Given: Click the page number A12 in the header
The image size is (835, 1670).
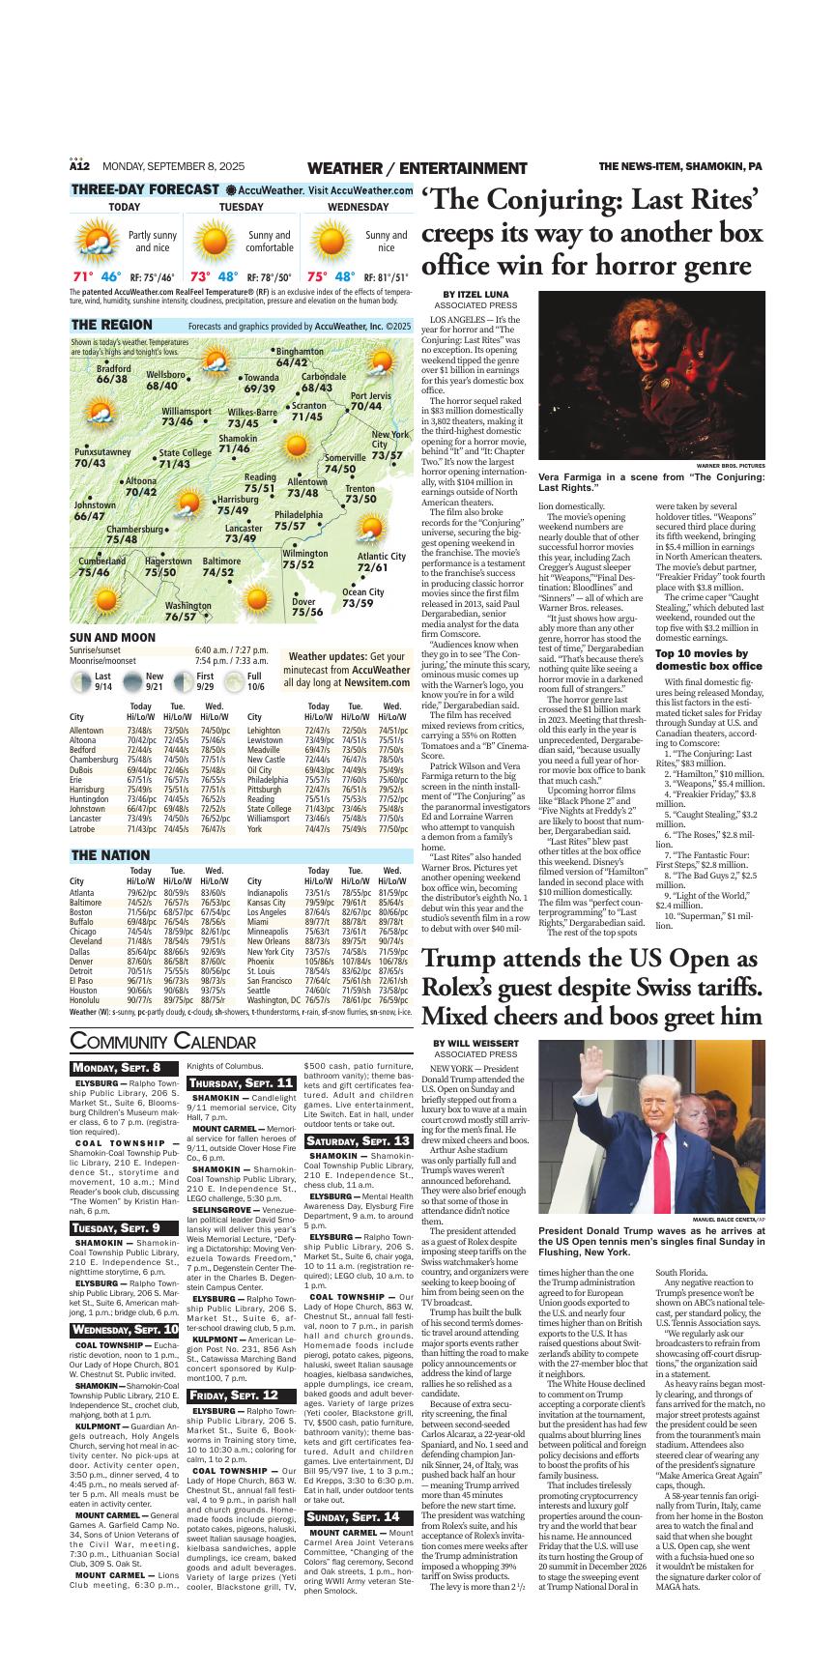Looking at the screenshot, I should point(79,167).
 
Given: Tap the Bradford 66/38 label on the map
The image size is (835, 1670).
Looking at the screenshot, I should point(113,374).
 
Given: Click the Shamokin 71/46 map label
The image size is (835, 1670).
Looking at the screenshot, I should point(238,444).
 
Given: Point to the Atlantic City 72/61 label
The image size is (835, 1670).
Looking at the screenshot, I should point(381,561).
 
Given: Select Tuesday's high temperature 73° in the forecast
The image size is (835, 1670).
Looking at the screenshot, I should point(201,276).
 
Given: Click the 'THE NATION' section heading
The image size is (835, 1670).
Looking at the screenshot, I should point(110,855).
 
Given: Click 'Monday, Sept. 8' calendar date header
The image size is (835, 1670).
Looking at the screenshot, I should point(117,1067).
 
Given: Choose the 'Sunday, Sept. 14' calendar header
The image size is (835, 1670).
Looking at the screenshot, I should point(353,1517).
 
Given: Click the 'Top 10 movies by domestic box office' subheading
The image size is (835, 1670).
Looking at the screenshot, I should point(708,660).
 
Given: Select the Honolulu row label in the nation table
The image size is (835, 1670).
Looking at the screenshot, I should point(84,1000).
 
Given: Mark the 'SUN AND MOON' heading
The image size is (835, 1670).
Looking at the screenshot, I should point(112,638).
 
